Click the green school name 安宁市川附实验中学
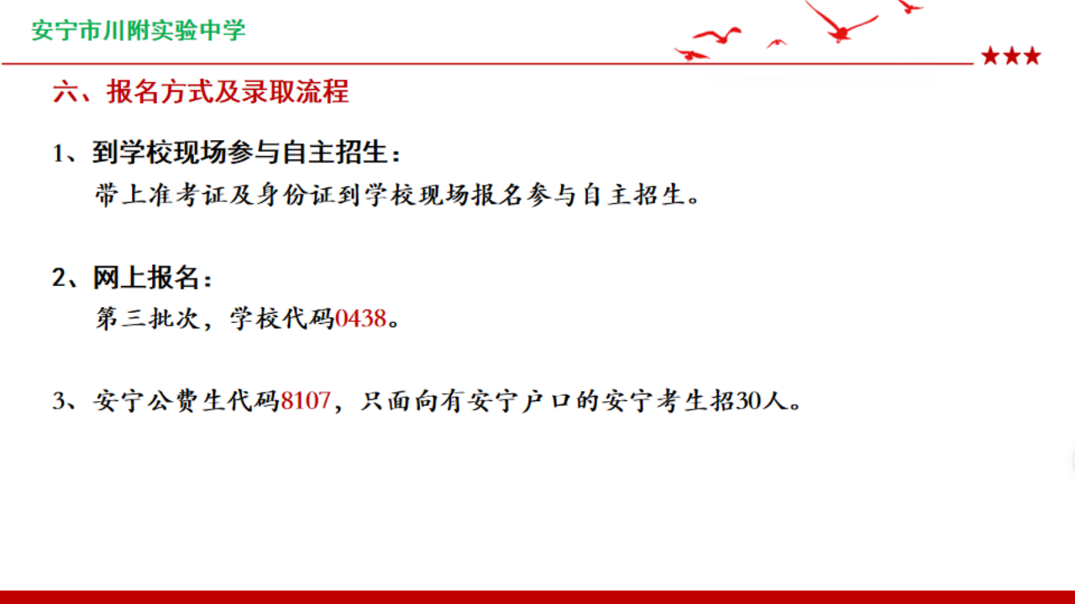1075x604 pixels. tap(139, 30)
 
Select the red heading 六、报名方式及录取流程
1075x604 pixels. tap(201, 91)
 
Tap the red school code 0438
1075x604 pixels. tap(360, 318)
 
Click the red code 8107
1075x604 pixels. tap(306, 400)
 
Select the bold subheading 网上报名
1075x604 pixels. tap(146, 277)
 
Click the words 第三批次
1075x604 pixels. tap(147, 318)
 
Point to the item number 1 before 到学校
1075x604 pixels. tap(58, 154)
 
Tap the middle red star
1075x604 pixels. tap(1012, 56)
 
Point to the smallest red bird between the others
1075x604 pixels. tap(776, 44)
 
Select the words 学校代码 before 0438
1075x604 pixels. tap(281, 318)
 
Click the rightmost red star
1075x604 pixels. tap(1032, 56)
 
